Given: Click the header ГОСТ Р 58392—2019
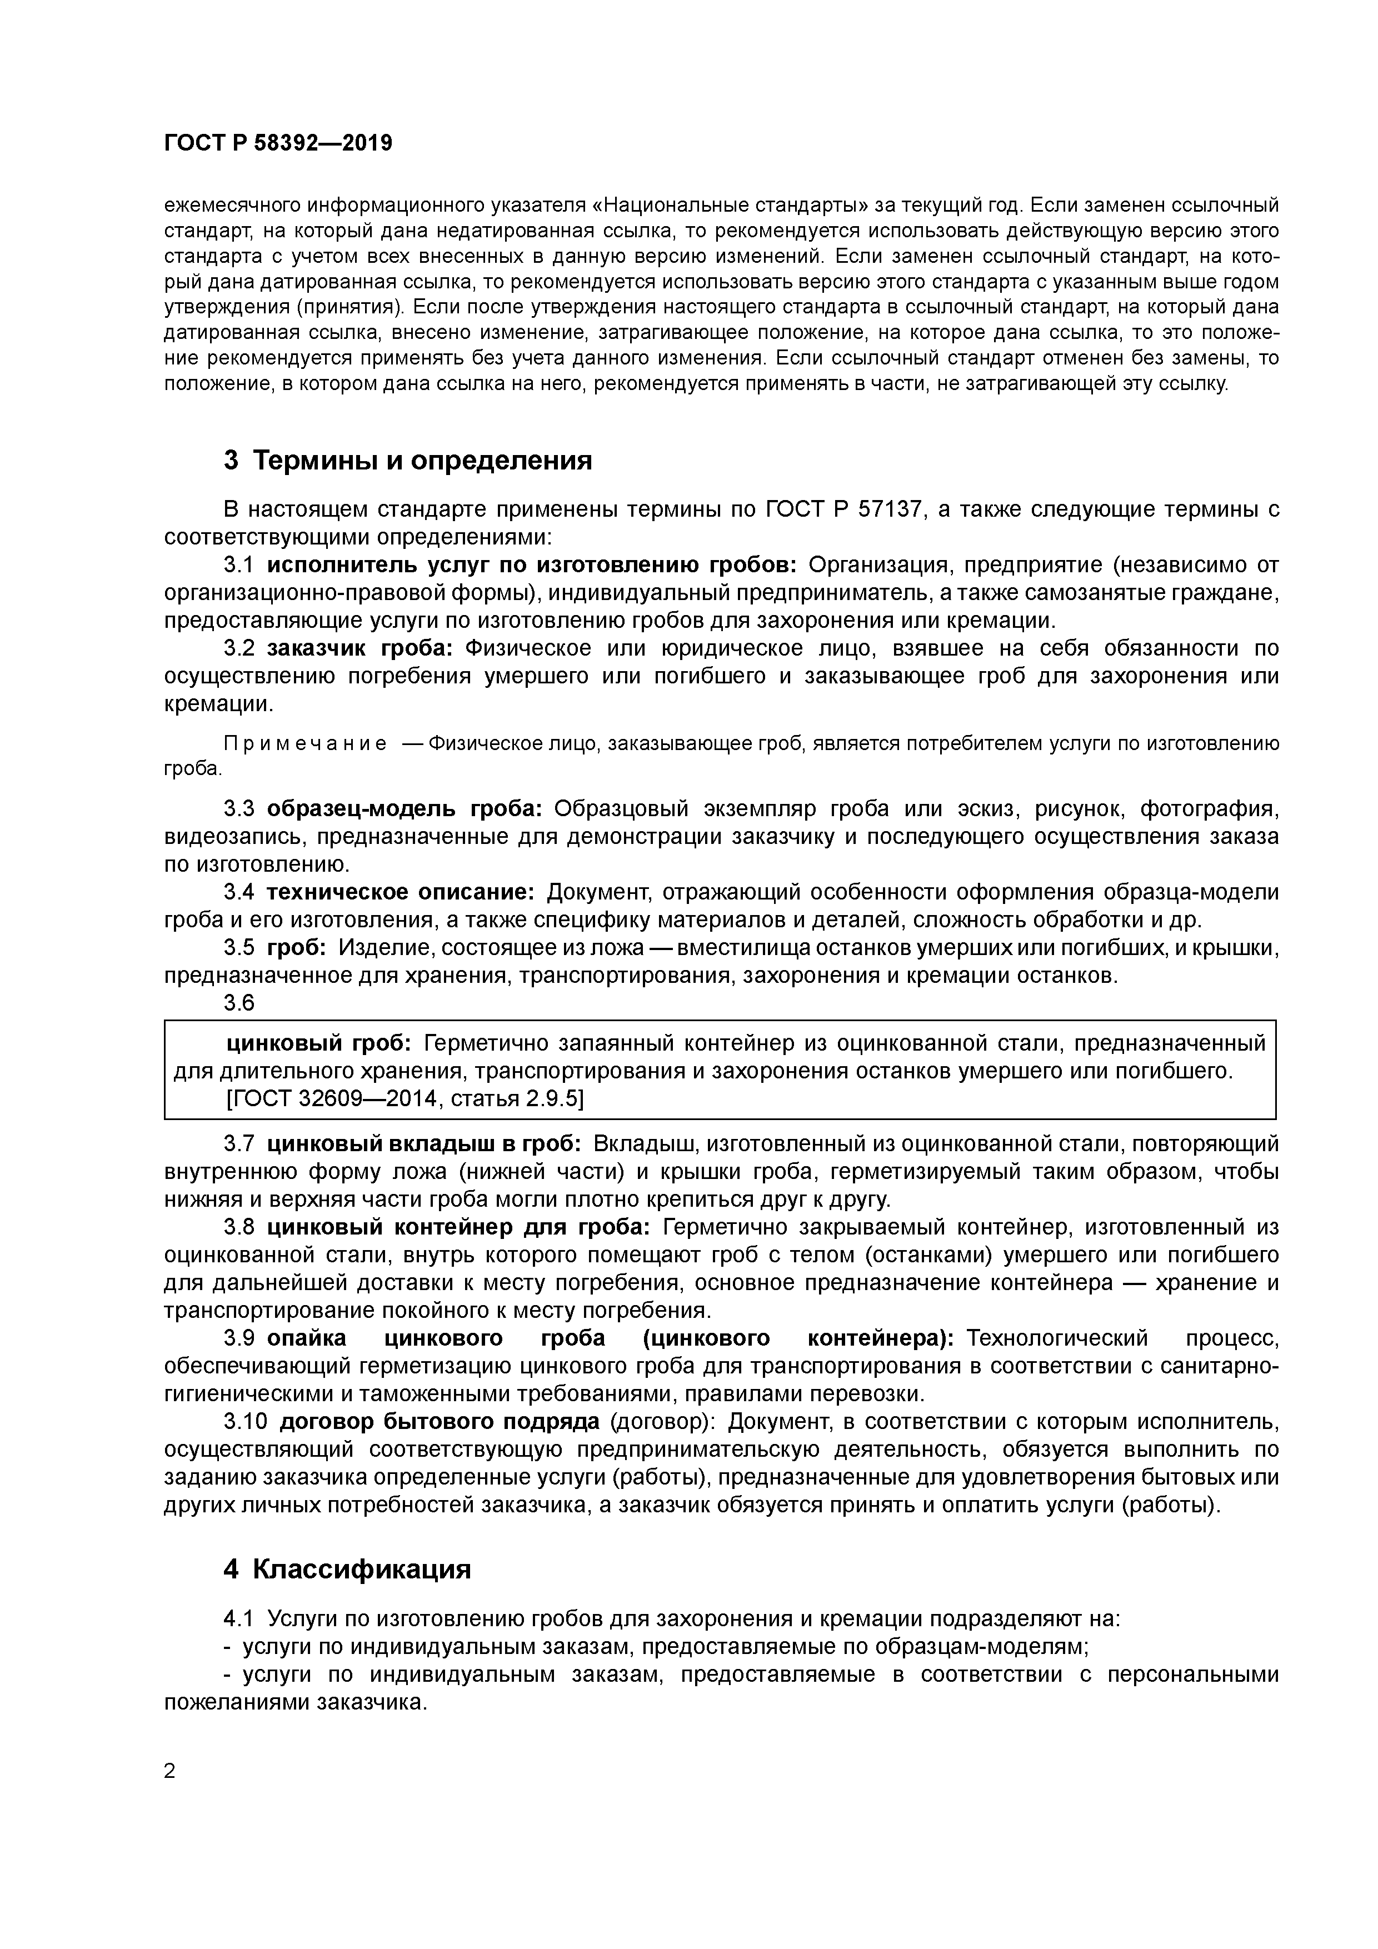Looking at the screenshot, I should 278,143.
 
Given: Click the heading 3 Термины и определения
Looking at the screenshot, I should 407,461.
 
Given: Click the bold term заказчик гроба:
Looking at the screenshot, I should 361,648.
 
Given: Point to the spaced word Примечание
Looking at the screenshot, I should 305,744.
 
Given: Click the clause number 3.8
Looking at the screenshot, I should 238,1227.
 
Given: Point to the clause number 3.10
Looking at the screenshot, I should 244,1422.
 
